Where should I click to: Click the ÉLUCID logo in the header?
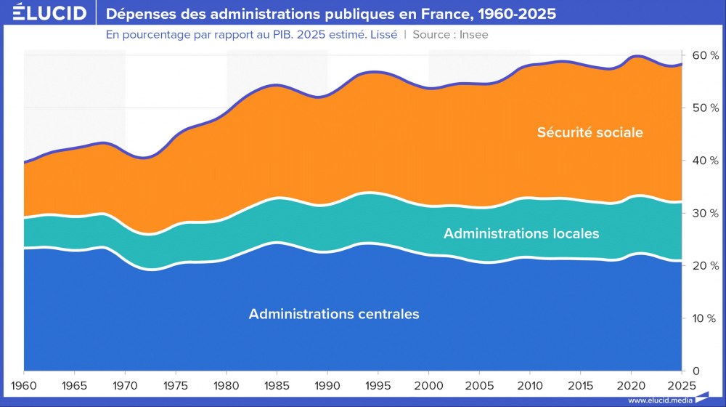(45, 14)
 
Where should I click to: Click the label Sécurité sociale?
(590, 132)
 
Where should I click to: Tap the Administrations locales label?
(521, 233)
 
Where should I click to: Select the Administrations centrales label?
(334, 314)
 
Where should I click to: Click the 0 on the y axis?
(696, 371)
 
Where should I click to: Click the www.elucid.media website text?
(659, 400)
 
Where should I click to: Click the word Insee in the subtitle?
(473, 35)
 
